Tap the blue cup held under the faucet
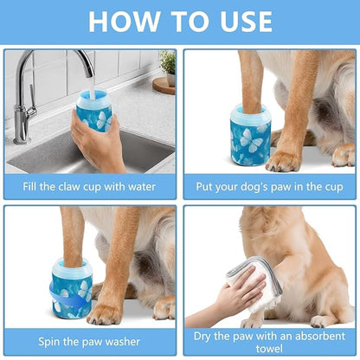click(94, 112)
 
